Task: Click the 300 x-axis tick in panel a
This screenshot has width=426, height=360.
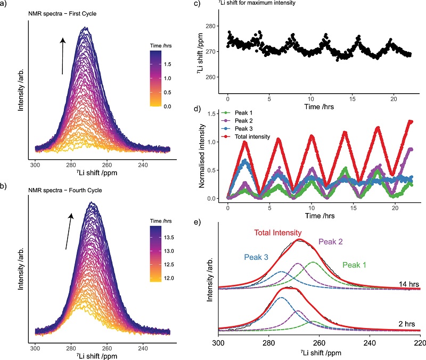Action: (x=36, y=166)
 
